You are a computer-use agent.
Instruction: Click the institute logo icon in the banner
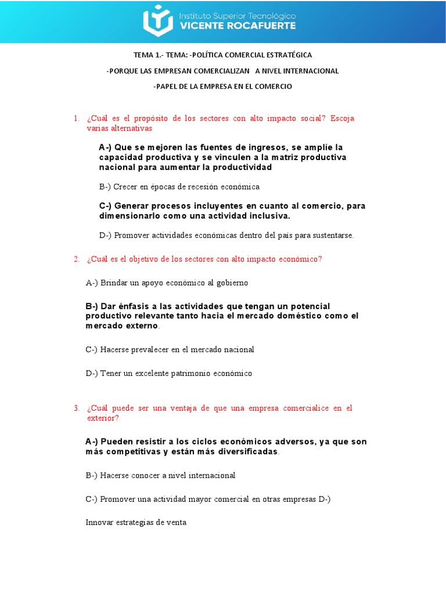pos(157,21)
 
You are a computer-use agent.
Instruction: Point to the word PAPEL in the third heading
pos(166,86)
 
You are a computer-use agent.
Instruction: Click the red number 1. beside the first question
pos(77,118)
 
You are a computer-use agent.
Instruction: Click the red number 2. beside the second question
pos(77,259)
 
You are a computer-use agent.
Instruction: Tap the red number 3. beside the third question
pos(77,408)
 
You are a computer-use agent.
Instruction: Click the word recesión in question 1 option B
pos(208,187)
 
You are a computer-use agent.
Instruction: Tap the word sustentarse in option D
pos(333,236)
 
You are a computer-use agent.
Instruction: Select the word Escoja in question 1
pos(342,118)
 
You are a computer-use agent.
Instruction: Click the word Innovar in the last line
pos(100,522)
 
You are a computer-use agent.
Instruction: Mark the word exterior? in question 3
pos(103,418)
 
